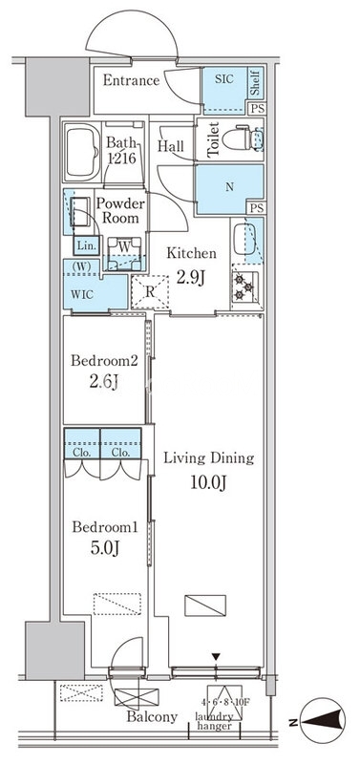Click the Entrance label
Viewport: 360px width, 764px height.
click(x=131, y=80)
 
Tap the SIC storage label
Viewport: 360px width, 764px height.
click(x=224, y=78)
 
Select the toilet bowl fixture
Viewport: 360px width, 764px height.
click(x=243, y=138)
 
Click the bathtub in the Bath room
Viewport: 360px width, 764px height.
click(x=82, y=152)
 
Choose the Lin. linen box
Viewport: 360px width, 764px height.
click(x=87, y=245)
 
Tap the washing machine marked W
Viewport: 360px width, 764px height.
click(x=124, y=253)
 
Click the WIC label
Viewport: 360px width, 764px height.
click(x=81, y=295)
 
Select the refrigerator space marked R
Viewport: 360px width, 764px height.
click(x=150, y=292)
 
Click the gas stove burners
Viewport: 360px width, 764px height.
click(x=244, y=287)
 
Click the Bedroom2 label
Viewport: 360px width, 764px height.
click(x=104, y=361)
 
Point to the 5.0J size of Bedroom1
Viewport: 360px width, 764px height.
click(x=104, y=548)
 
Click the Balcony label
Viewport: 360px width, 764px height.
click(x=152, y=717)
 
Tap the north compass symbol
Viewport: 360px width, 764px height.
click(x=322, y=721)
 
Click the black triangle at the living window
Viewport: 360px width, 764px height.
click(x=217, y=658)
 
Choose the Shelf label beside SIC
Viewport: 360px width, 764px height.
click(x=255, y=84)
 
